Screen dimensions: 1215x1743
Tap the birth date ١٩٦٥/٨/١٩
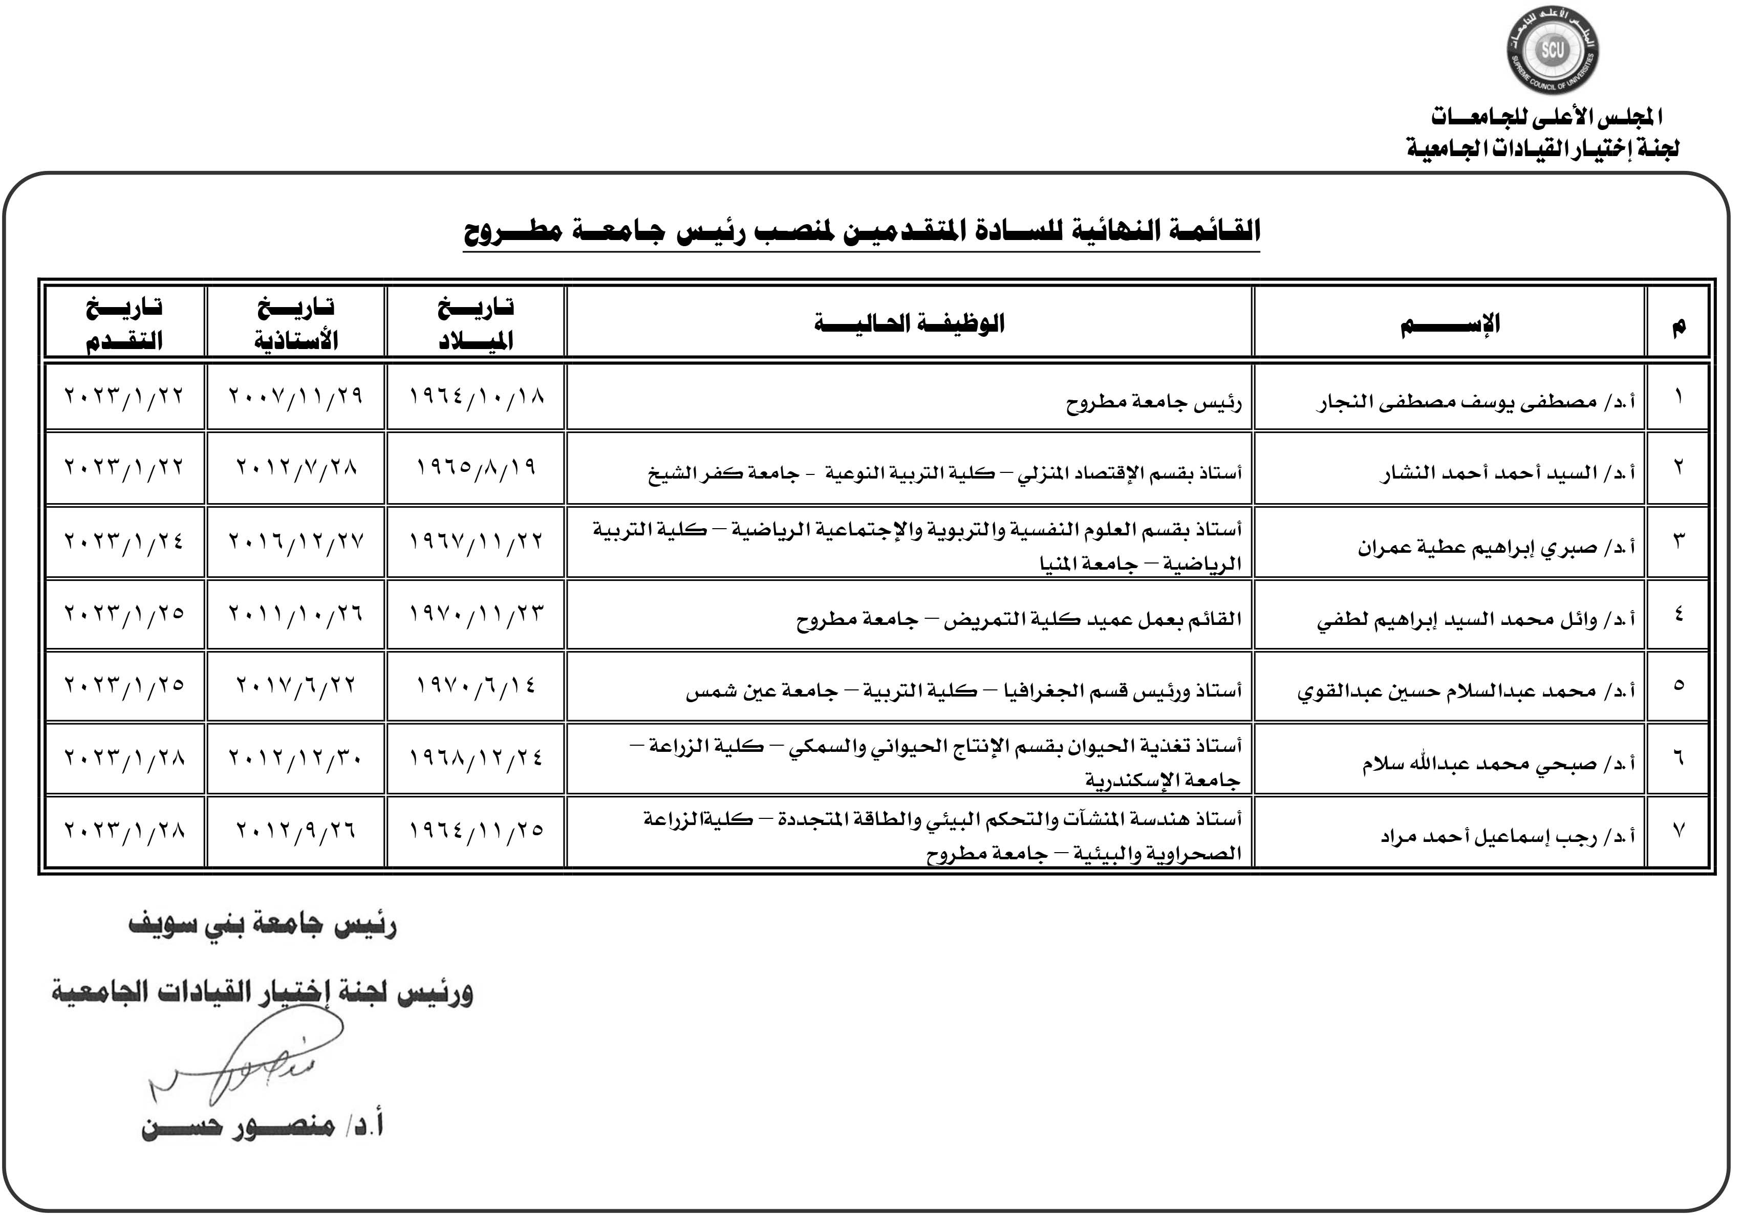point(476,467)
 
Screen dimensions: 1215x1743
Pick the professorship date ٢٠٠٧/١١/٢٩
point(296,396)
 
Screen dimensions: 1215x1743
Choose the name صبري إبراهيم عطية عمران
point(1496,547)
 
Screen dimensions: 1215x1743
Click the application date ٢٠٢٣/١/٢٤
point(124,541)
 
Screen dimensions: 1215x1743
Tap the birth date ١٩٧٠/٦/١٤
point(476,686)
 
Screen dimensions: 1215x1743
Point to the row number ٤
point(1677,614)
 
